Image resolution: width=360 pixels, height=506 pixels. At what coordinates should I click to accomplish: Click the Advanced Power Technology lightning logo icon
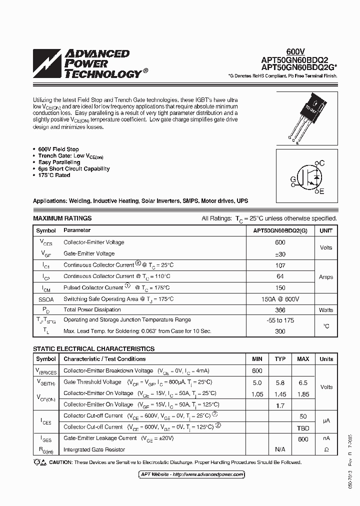click(47, 63)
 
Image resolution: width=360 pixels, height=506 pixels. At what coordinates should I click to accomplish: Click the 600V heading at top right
click(295, 52)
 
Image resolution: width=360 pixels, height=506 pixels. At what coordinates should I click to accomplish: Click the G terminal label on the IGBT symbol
click(292, 179)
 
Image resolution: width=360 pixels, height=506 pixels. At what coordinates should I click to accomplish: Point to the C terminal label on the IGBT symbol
click(322, 163)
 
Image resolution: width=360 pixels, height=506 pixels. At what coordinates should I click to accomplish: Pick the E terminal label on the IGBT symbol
click(322, 191)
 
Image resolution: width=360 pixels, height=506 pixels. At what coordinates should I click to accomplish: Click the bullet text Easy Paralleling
click(59, 162)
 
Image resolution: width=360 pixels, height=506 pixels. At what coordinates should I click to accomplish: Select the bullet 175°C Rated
click(54, 175)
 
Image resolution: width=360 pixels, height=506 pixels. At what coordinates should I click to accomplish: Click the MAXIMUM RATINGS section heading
click(62, 218)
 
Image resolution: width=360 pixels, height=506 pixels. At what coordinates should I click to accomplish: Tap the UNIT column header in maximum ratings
click(326, 230)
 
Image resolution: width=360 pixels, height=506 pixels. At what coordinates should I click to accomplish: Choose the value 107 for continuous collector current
click(280, 265)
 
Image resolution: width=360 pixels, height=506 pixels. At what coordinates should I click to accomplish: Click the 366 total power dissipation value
click(280, 310)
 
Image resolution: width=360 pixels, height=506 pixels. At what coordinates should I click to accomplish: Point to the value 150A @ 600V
click(280, 299)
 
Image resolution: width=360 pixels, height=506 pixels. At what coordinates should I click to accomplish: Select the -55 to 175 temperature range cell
click(280, 319)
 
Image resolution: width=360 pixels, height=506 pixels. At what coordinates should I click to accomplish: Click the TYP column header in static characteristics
click(280, 359)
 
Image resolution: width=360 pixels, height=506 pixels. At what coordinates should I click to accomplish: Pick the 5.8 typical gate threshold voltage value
click(280, 382)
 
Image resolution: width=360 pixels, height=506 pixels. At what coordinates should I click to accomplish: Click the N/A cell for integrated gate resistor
click(280, 449)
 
